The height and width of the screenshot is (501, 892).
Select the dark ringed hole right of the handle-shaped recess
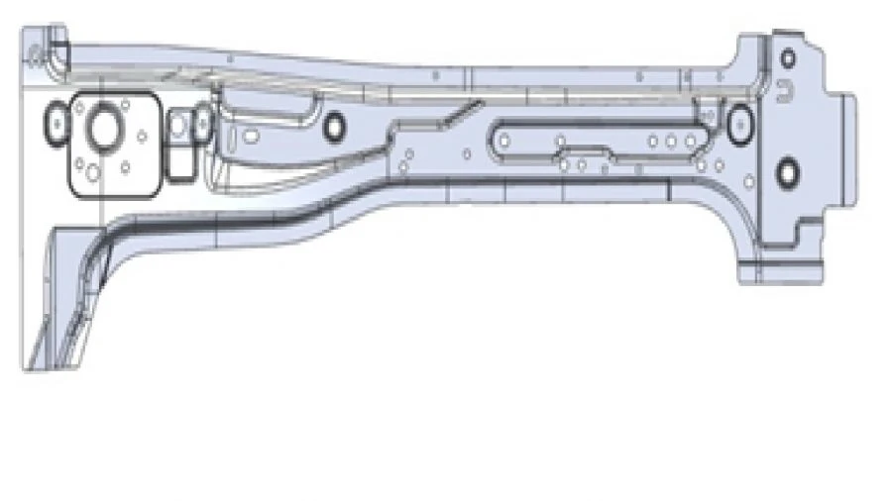(333, 126)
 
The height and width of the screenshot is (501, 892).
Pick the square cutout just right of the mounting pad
(179, 126)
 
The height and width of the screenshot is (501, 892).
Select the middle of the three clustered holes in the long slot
(671, 142)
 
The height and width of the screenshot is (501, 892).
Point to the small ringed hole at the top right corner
(787, 57)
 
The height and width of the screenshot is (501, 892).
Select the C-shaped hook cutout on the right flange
(784, 95)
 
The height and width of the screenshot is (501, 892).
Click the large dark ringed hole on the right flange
(787, 172)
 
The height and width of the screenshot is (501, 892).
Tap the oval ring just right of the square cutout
(201, 124)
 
